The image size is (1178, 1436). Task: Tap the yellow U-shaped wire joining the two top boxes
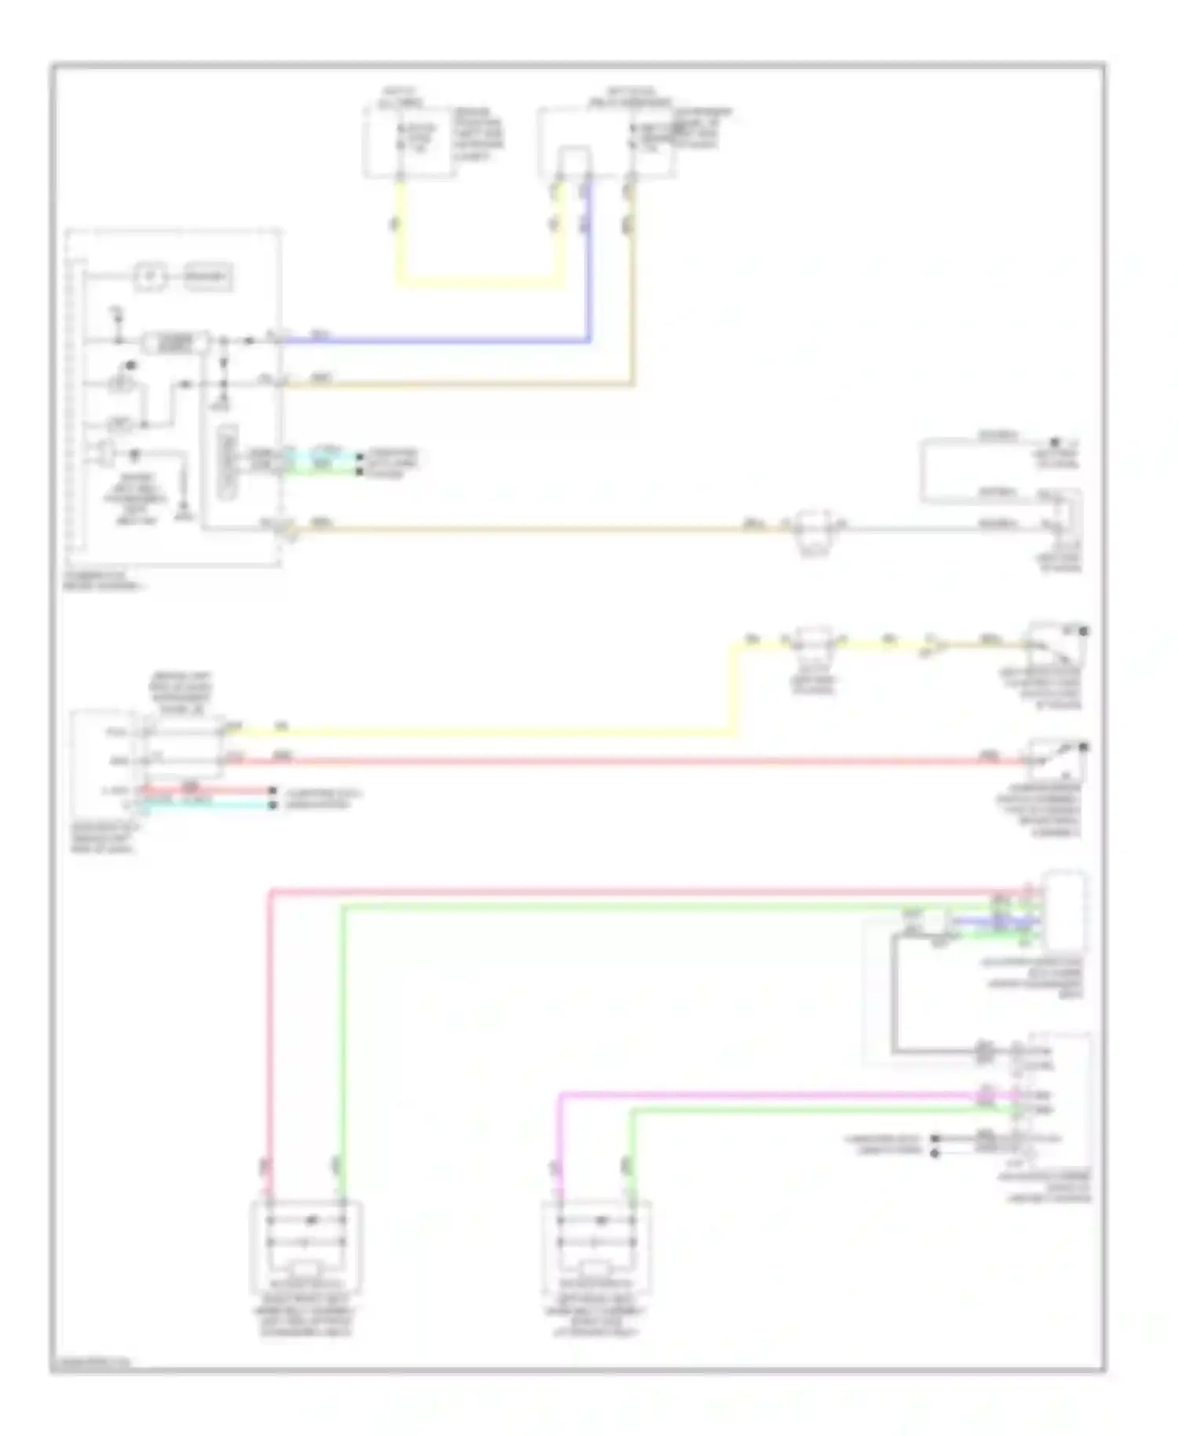point(479,280)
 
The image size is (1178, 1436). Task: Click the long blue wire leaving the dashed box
point(440,341)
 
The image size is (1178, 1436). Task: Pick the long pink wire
point(628,892)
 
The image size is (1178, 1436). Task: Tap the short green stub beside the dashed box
point(322,470)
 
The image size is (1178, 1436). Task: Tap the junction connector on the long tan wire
point(814,527)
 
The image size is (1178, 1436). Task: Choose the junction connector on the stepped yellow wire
point(814,643)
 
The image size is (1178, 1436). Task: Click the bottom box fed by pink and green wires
point(305,1246)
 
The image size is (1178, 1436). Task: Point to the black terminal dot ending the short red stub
point(273,791)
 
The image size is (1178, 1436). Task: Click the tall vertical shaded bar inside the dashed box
point(228,462)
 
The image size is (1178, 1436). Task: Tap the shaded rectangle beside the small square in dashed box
point(208,277)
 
